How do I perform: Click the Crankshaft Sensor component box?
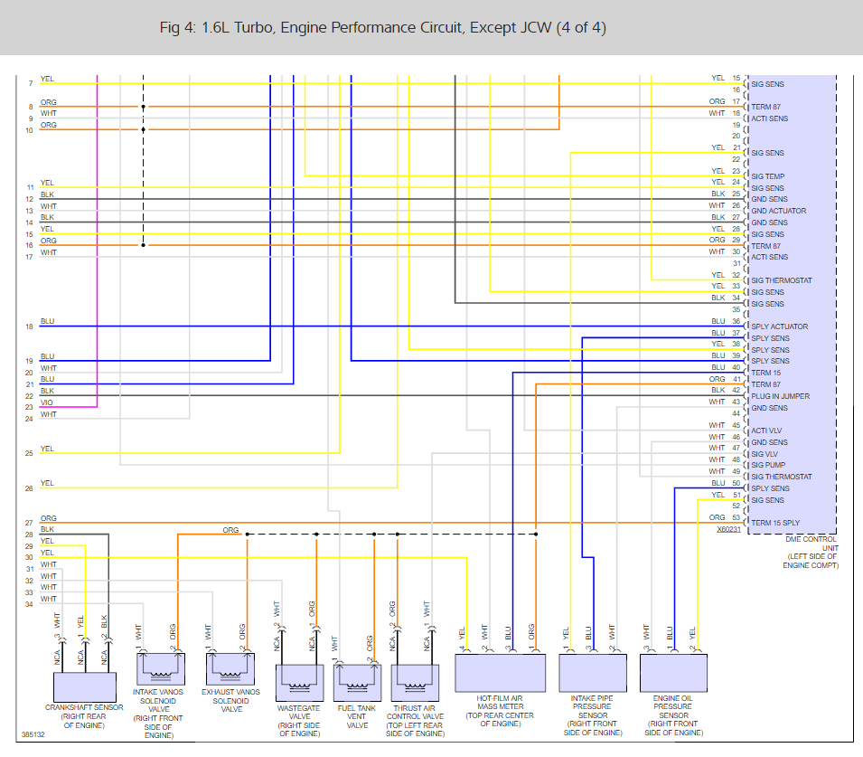point(84,685)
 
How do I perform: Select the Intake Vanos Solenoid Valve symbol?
point(160,668)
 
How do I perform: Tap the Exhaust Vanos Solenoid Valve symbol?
point(230,668)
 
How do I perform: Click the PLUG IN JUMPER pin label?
point(781,396)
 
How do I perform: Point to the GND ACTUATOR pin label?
point(779,211)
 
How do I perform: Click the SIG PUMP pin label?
point(769,465)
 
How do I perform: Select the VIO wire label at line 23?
point(47,403)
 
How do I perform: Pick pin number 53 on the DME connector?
point(736,517)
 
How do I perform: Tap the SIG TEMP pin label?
point(768,176)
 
